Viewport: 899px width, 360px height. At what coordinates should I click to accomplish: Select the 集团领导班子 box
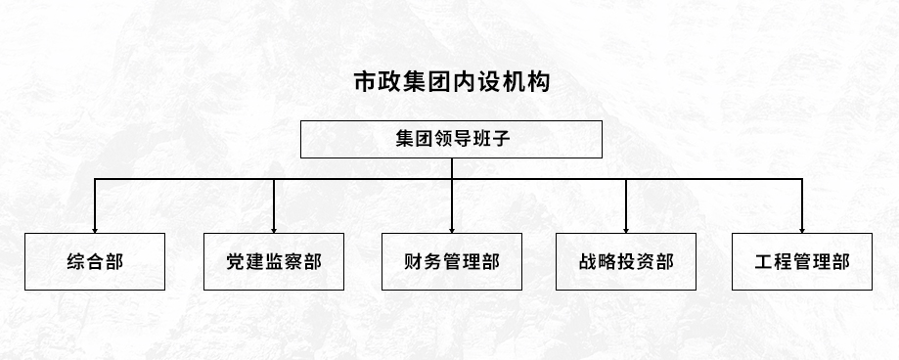point(451,139)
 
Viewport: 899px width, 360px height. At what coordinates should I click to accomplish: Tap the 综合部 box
point(95,262)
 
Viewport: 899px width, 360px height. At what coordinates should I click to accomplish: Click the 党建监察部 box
point(273,262)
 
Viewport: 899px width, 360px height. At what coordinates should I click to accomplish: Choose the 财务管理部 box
point(452,262)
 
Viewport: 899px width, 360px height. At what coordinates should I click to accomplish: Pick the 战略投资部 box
point(626,262)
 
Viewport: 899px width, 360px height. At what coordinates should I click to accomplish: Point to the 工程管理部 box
point(802,262)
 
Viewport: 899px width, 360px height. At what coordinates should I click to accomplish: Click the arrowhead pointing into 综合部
point(95,228)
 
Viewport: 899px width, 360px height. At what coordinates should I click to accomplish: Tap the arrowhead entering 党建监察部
point(274,228)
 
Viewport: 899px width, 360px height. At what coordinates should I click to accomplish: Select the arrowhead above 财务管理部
point(452,228)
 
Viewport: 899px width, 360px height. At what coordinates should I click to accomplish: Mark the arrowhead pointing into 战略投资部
point(626,228)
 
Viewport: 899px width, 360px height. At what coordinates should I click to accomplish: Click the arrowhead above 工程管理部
point(802,228)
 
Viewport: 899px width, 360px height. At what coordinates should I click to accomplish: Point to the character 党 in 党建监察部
point(236,262)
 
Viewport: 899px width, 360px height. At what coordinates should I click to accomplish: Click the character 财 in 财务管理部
point(414,262)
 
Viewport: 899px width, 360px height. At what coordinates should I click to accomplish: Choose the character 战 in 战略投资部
point(589,262)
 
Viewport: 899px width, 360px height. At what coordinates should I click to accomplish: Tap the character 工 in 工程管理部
point(765,262)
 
